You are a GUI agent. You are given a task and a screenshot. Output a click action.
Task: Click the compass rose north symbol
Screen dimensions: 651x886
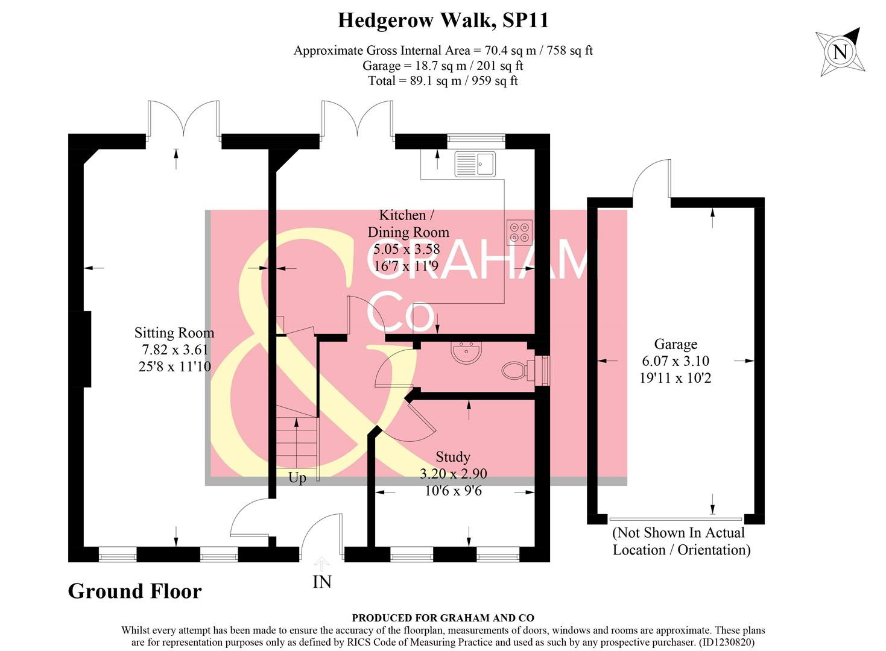840,52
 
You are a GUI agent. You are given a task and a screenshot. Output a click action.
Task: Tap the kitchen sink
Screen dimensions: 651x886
475,163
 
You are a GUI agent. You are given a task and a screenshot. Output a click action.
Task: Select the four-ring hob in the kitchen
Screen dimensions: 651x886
519,232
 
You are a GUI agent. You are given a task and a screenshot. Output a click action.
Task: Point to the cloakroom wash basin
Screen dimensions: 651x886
466,352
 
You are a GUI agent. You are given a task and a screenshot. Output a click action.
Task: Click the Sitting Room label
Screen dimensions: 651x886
174,333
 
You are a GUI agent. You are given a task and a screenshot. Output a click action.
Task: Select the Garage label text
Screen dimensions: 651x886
676,344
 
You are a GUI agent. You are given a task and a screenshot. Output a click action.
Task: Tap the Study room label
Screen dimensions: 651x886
452,457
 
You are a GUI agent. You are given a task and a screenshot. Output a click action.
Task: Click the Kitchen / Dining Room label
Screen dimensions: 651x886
408,224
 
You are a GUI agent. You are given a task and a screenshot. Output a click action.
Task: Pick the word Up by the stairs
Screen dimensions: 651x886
297,477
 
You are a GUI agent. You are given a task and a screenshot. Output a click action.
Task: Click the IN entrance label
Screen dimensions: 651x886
322,582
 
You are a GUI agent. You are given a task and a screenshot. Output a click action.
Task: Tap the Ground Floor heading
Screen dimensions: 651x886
134,591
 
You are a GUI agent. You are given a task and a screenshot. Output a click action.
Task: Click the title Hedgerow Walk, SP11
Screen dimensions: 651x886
443,20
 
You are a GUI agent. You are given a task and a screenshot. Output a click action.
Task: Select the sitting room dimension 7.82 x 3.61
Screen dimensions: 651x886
174,350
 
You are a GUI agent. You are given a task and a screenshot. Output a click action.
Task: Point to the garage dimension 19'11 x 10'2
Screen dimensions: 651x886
675,378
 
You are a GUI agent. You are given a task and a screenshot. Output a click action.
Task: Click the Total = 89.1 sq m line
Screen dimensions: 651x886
443,81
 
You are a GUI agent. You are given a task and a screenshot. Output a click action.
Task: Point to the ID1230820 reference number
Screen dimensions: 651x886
727,643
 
